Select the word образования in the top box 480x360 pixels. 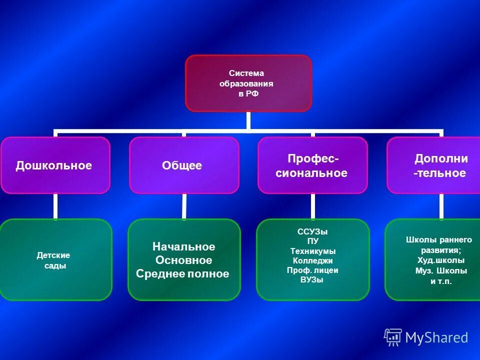(x=246, y=83)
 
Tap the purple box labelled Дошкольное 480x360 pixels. (x=54, y=165)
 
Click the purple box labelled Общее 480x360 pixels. (x=183, y=165)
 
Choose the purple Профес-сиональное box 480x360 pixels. (x=312, y=165)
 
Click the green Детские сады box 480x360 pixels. (x=54, y=260)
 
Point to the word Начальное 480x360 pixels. (x=183, y=247)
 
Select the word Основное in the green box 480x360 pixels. (x=183, y=260)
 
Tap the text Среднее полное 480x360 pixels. (x=182, y=274)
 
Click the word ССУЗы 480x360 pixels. (x=312, y=232)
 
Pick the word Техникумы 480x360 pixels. (x=313, y=251)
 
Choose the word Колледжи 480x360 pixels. (x=313, y=260)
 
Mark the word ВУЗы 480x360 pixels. (x=312, y=280)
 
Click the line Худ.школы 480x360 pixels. (x=440, y=260)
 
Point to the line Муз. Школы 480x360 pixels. (x=441, y=271)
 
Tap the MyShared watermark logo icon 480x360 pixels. (x=393, y=337)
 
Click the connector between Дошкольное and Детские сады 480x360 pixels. (x=55, y=206)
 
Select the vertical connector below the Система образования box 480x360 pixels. (x=248, y=121)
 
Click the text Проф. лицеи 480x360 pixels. (x=312, y=270)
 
